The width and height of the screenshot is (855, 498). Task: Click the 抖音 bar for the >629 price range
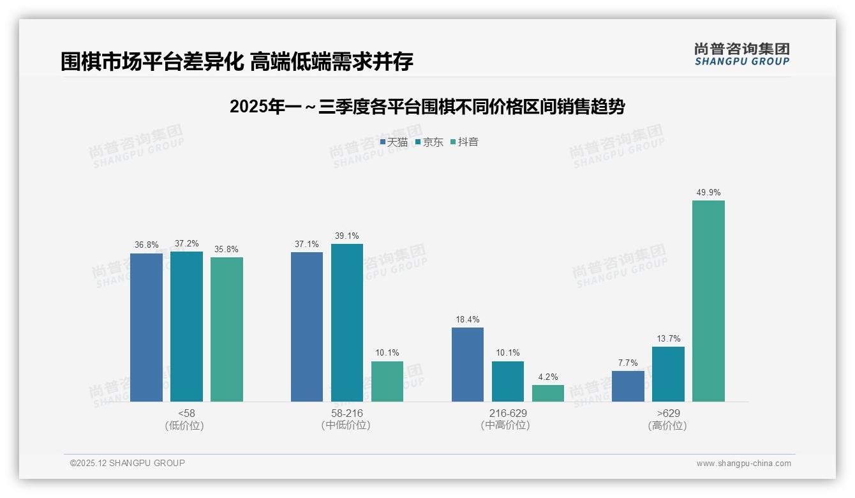point(708,301)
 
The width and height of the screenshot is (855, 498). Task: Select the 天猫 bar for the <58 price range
point(147,327)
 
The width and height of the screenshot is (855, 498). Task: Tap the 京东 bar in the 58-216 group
point(347,322)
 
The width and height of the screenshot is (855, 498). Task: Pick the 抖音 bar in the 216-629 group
point(548,393)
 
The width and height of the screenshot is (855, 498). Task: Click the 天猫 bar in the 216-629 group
point(468,364)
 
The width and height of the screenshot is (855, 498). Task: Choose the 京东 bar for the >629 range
point(668,373)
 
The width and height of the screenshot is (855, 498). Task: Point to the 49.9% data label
point(708,192)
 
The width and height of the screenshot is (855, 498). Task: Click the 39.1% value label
point(347,236)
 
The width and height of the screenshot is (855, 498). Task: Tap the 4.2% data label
point(548,377)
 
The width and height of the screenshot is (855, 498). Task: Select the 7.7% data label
point(628,363)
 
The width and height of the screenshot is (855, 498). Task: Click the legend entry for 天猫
point(394,142)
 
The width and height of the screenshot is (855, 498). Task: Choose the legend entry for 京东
point(429,142)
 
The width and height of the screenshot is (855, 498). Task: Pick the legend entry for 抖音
point(465,142)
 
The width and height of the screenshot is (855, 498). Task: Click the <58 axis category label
point(186,413)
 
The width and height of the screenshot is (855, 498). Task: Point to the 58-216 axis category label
point(347,413)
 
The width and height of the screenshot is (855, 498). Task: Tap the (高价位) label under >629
point(667,426)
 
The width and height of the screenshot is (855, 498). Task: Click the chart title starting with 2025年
point(427,107)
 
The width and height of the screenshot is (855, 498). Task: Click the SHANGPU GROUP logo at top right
point(741,54)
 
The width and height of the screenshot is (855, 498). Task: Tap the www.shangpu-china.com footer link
point(743,464)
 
